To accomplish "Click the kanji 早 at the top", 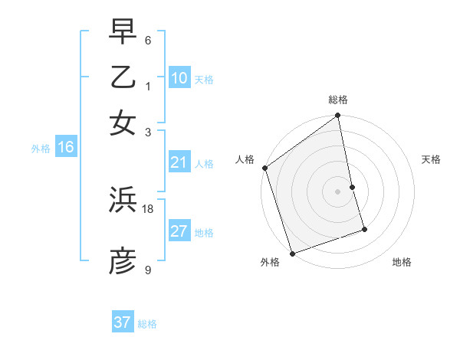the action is (x=123, y=32).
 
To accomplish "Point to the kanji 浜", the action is (x=123, y=201).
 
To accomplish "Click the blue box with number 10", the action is (x=179, y=78).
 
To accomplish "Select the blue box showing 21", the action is (x=179, y=162).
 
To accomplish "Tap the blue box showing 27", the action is (x=179, y=231).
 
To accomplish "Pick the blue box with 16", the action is (x=66, y=148).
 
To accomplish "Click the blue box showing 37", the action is (x=123, y=322).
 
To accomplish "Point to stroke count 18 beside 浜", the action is (x=148, y=208).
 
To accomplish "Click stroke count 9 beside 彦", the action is (x=148, y=270).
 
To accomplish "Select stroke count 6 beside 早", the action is (x=148, y=40).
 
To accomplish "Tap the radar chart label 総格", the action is (x=338, y=100).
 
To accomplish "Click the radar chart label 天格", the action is (x=432, y=159).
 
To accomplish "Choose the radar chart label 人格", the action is (x=245, y=159).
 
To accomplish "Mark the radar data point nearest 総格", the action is (x=338, y=116).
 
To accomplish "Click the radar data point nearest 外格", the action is (x=292, y=253).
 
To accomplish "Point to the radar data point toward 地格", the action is (x=364, y=229).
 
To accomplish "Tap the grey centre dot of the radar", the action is (x=338, y=191).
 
